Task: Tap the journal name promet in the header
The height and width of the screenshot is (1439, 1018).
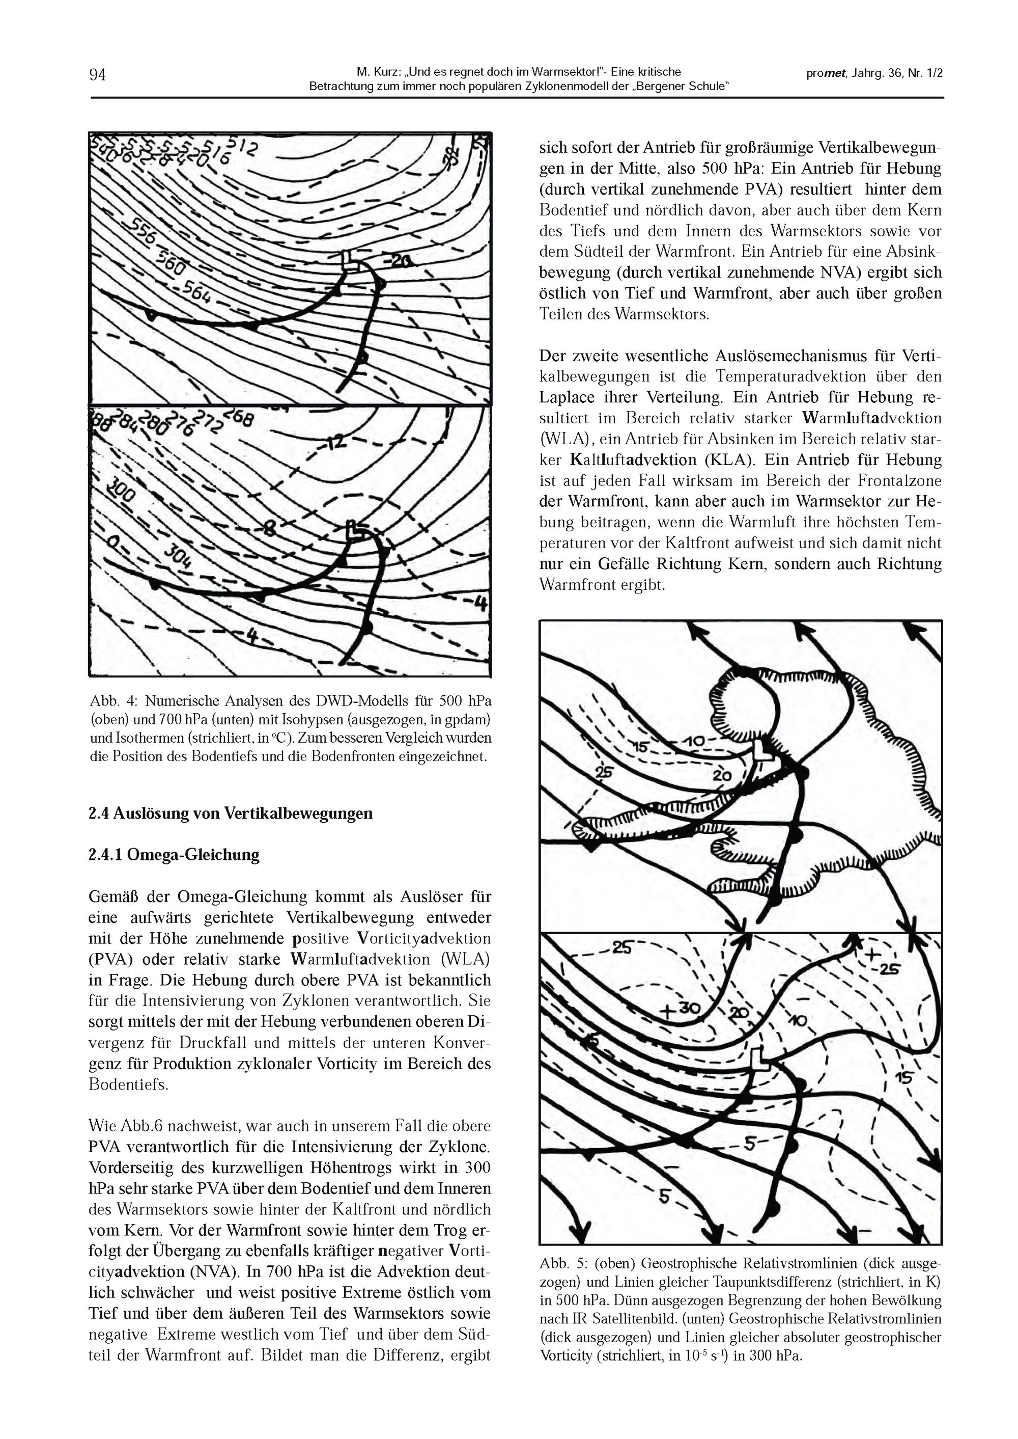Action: coord(826,73)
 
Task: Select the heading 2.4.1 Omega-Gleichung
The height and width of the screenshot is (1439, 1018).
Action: coord(174,855)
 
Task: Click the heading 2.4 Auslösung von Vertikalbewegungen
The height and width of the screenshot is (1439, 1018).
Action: coord(231,813)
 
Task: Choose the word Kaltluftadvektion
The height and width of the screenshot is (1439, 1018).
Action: coord(633,460)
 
